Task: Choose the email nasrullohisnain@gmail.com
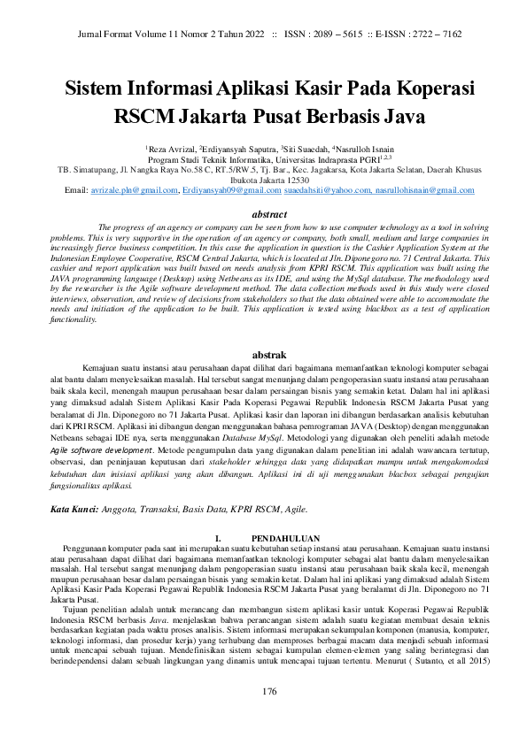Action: pyautogui.click(x=424, y=190)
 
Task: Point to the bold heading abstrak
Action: pyautogui.click(x=263, y=355)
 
